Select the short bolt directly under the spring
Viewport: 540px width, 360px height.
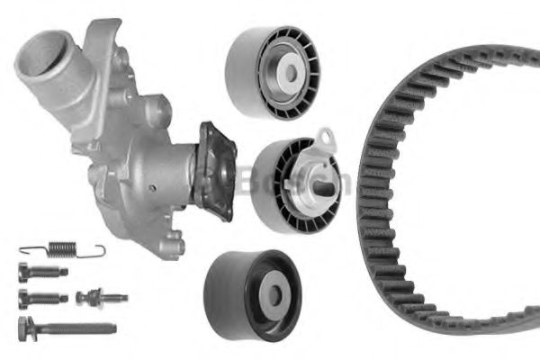(41, 270)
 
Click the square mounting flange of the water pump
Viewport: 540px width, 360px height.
(216, 171)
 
